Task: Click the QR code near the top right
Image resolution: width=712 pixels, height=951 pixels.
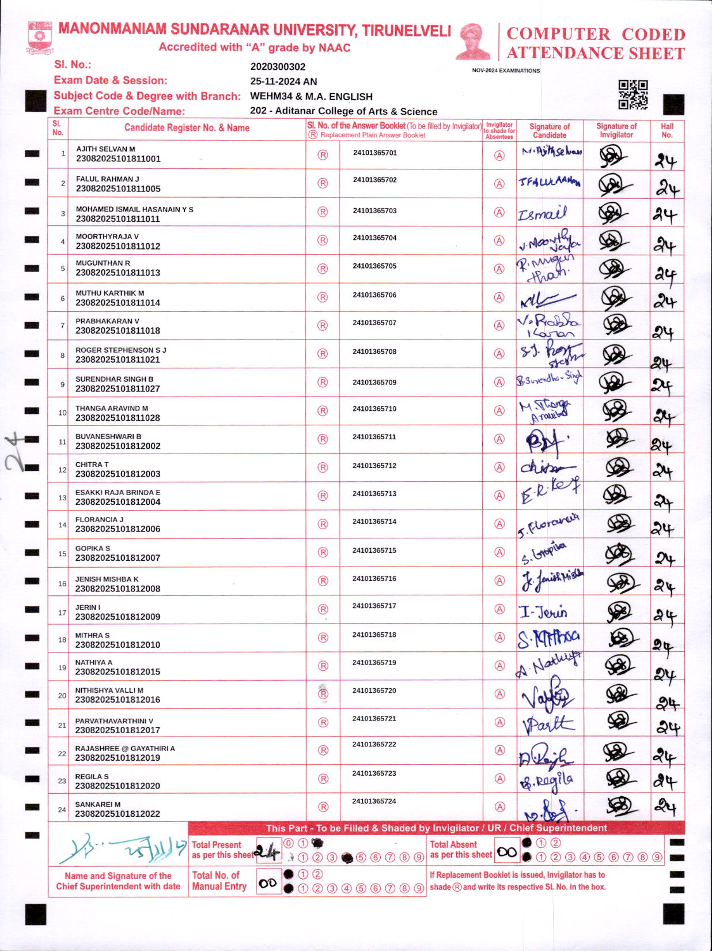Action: (x=633, y=95)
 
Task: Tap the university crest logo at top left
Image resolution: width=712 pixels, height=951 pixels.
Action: (x=40, y=37)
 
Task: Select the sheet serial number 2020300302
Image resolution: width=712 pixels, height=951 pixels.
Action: (x=278, y=67)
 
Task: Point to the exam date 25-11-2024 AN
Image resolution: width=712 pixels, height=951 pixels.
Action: (x=283, y=82)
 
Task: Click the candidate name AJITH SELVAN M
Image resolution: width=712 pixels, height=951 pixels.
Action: (x=105, y=149)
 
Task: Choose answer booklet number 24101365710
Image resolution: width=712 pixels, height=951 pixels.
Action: (x=374, y=409)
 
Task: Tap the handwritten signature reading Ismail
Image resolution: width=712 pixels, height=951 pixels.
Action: (x=542, y=214)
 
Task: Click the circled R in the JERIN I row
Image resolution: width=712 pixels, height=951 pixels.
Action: (x=323, y=609)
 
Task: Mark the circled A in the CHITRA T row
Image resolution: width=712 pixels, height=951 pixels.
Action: (x=499, y=467)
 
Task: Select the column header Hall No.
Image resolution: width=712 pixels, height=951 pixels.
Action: (x=667, y=130)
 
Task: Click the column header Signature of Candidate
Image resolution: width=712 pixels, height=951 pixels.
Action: (x=549, y=130)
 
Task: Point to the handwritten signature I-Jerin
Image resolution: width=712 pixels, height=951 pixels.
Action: (x=543, y=612)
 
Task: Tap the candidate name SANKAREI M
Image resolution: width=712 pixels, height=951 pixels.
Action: (x=98, y=804)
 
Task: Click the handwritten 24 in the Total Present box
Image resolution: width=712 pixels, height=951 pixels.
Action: (x=267, y=850)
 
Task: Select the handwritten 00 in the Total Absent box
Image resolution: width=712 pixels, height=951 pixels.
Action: (x=507, y=852)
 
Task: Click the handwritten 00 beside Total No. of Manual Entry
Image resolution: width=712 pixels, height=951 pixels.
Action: (x=268, y=883)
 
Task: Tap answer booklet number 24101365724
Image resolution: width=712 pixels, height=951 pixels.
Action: (x=374, y=801)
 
